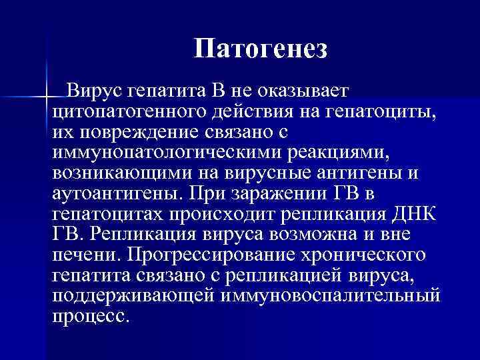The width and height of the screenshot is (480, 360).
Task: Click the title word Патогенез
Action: click(x=261, y=49)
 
